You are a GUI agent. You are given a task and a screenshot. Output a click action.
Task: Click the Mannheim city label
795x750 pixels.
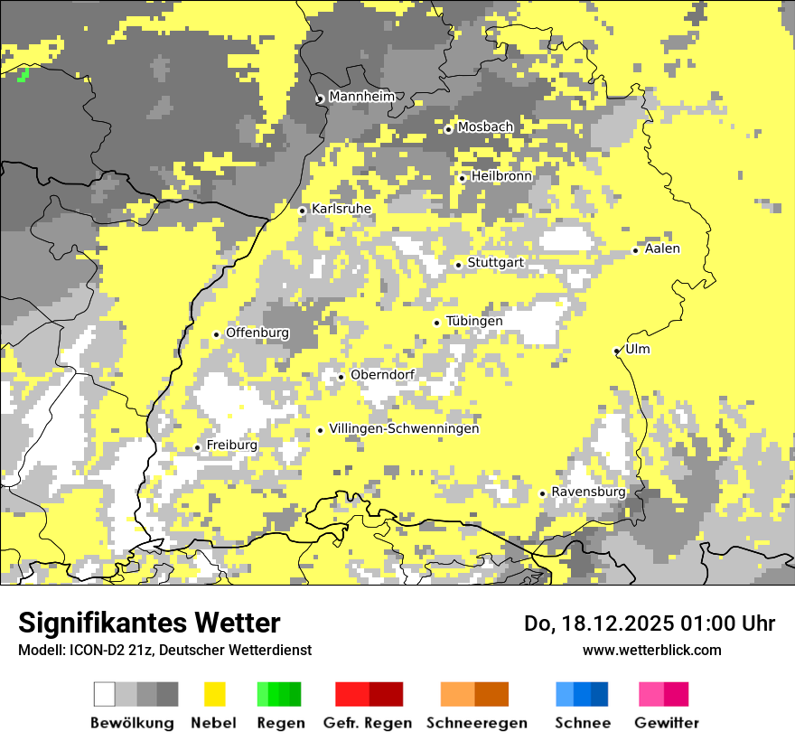click(362, 97)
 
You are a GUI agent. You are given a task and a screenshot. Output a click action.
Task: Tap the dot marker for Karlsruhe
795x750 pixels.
click(303, 211)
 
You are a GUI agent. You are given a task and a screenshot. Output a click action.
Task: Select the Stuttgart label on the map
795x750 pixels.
click(495, 263)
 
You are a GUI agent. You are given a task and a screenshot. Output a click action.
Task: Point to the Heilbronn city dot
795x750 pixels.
click(463, 178)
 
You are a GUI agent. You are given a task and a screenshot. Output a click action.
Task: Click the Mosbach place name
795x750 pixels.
click(485, 127)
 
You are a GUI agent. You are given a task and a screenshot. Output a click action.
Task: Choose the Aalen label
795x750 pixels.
click(662, 248)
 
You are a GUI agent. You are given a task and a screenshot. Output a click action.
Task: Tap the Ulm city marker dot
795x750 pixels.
click(617, 351)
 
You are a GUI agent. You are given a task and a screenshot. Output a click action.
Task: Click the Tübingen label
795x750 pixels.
click(474, 321)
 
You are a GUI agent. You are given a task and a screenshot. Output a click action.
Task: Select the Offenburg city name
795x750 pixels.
click(257, 333)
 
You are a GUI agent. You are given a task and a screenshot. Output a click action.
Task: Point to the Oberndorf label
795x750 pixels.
click(382, 375)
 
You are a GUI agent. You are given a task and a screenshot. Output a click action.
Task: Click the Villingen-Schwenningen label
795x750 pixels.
click(404, 428)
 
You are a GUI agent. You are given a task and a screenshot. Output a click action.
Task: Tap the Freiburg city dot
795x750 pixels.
click(198, 447)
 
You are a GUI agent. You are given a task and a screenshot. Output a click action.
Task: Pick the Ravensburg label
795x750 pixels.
click(588, 492)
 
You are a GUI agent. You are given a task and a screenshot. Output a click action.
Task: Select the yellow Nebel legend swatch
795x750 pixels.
click(214, 694)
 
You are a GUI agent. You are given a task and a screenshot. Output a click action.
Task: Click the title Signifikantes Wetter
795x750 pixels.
click(149, 623)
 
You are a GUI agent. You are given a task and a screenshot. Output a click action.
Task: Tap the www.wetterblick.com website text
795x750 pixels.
click(651, 650)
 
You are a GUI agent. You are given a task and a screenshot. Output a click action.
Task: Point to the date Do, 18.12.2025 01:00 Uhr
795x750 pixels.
click(649, 623)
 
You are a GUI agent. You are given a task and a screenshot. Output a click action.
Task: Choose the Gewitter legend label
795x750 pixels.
click(666, 723)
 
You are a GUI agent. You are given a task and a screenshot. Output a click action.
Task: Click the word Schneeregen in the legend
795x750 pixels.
click(476, 723)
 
